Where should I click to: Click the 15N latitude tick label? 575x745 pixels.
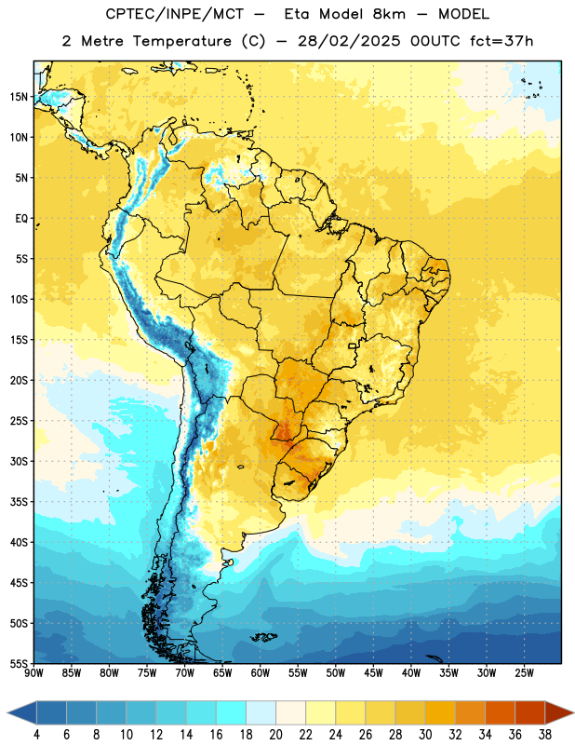pos(19,97)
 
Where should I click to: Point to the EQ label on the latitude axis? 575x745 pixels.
pos(21,219)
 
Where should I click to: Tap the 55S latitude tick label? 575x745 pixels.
pos(19,663)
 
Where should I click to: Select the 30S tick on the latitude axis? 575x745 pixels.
pos(19,461)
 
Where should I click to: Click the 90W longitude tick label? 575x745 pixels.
pos(34,673)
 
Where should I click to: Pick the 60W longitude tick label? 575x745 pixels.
pos(261,673)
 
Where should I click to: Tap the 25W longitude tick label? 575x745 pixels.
pos(524,673)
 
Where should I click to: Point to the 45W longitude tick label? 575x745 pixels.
pos(373,673)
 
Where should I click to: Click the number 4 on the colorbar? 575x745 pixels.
pos(36,735)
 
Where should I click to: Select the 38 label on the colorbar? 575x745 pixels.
pos(545,735)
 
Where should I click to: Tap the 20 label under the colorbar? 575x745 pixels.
pos(275,735)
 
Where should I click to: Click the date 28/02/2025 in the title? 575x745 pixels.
pos(349,41)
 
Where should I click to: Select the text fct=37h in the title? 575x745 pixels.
pos(501,41)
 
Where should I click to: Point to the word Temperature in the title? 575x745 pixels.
pos(181,41)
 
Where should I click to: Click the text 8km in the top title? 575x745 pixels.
pos(389,14)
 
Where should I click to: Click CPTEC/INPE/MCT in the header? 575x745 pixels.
pos(174,14)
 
